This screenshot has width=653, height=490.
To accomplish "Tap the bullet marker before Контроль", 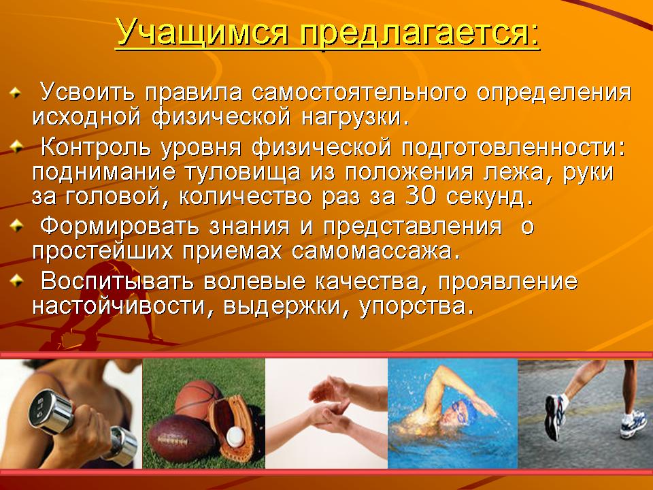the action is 16,147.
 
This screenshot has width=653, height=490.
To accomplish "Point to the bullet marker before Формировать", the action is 16,226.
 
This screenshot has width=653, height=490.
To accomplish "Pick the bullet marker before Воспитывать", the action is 16,280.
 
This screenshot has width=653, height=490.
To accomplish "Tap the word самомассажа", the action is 375,251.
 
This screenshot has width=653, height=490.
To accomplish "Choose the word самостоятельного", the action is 359,92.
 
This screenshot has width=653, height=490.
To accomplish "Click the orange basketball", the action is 198,399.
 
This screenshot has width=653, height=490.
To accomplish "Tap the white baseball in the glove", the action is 236,436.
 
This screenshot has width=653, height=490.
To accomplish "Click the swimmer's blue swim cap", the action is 465,408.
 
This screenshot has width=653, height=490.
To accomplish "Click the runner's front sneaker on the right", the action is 633,423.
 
